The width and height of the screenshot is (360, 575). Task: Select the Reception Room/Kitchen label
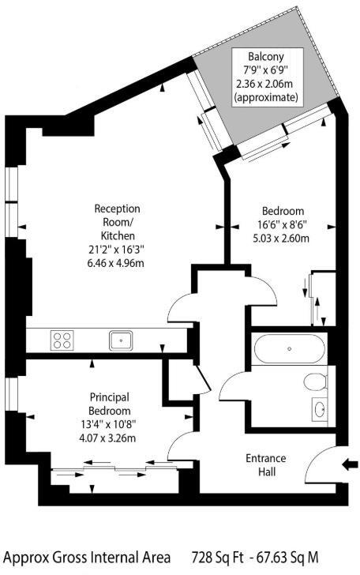point(117,222)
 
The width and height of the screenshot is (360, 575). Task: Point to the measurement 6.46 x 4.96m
point(117,264)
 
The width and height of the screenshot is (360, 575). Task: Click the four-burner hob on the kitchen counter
point(62,340)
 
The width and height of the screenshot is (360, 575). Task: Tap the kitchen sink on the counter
point(121,340)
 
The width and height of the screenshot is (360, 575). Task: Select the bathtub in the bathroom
point(288,348)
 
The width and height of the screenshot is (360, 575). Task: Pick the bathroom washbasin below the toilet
point(320,408)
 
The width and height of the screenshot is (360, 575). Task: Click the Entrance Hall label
point(266,465)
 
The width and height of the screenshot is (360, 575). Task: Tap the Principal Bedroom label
point(109,404)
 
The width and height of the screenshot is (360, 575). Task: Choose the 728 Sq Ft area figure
point(223,556)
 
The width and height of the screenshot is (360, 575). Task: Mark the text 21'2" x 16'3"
point(117,250)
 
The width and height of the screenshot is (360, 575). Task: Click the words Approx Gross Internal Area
point(91,556)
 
